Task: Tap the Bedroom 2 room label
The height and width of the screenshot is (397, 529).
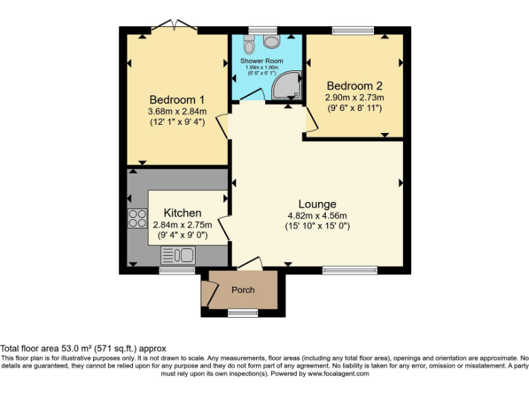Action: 354,86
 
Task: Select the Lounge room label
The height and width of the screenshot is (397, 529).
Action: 317,204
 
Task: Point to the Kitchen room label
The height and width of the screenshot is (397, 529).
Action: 182,213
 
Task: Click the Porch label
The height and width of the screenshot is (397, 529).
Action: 242,290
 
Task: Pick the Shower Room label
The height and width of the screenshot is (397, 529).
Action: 262,61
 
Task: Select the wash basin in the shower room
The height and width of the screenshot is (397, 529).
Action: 272,42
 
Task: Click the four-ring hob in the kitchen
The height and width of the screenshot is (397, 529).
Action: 137,218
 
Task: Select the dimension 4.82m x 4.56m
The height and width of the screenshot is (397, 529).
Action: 317,215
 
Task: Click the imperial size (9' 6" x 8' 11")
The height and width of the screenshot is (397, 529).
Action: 354,108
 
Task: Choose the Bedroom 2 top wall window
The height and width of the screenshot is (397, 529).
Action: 353,30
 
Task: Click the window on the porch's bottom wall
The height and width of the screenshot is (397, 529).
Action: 242,314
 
